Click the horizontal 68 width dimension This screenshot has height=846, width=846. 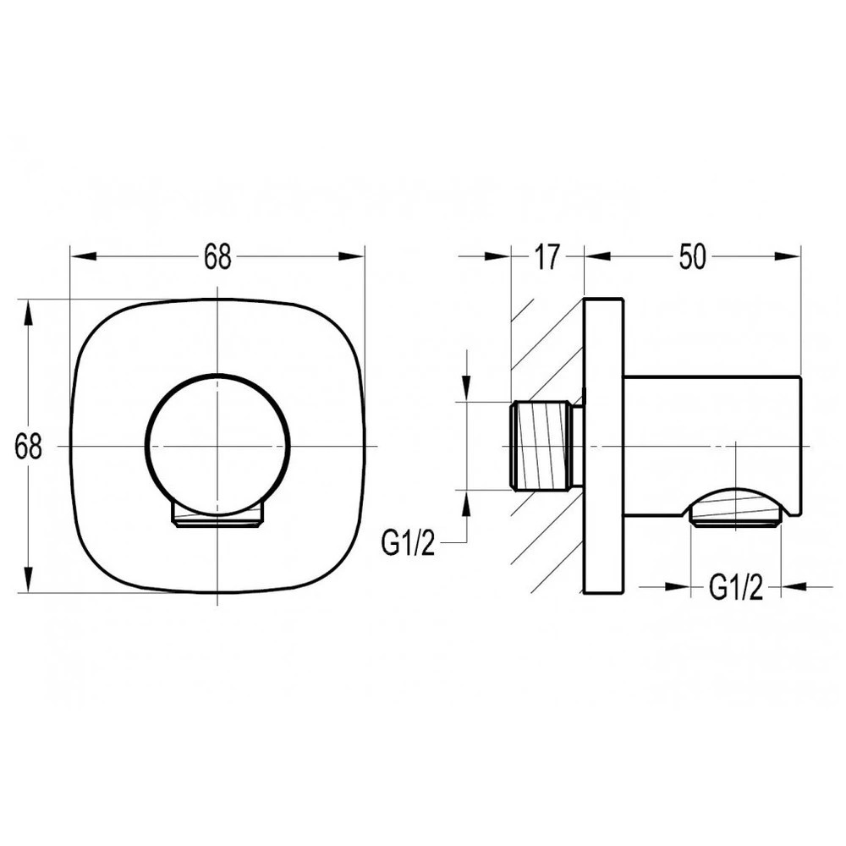click(x=217, y=256)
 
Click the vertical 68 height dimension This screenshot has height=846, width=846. click(x=28, y=447)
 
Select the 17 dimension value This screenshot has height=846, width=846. click(x=547, y=256)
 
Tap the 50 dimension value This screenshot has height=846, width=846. click(x=692, y=256)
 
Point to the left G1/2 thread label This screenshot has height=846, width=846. click(x=408, y=543)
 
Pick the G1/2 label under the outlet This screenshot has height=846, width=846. click(x=736, y=587)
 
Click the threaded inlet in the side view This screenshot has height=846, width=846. click(x=541, y=446)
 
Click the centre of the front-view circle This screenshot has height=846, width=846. click(x=217, y=446)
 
